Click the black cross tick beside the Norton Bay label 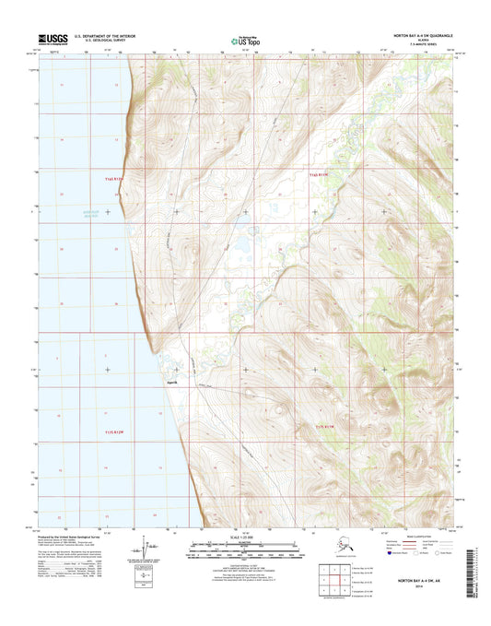tap(109, 212)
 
